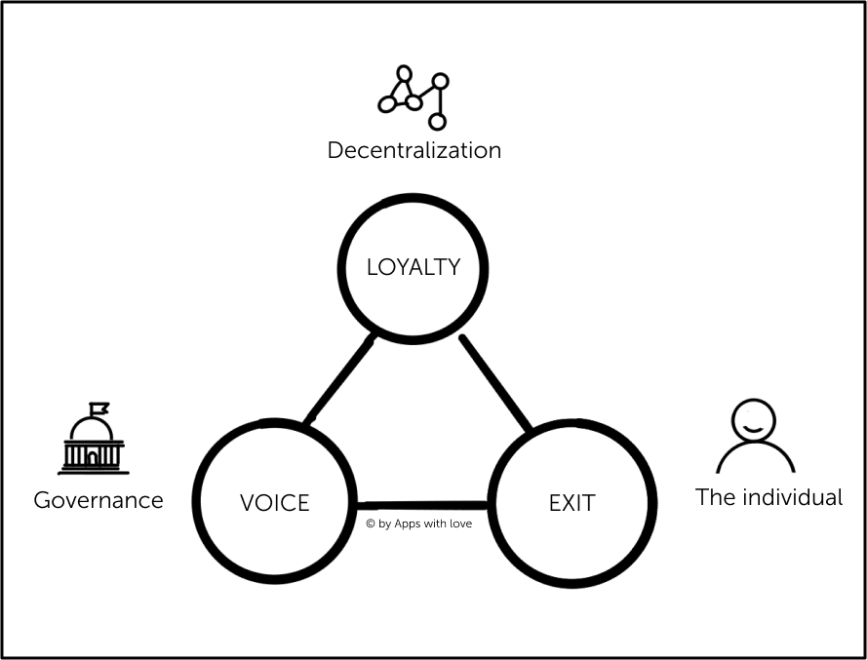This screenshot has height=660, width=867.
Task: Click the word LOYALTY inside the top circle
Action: point(413,267)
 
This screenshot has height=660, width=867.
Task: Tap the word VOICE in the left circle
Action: point(274,503)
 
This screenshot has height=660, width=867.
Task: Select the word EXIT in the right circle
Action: point(571,503)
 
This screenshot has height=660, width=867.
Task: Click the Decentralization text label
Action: point(414,150)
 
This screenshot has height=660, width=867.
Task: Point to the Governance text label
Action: point(98,500)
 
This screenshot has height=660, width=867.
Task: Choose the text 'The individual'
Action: point(768,497)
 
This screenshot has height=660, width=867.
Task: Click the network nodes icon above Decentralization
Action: point(414,97)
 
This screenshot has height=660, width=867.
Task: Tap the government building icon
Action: point(93,440)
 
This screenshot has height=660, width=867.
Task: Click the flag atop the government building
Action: point(99,408)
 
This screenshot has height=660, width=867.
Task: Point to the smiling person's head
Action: point(755,420)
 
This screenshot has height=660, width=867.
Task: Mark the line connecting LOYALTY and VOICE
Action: point(338,381)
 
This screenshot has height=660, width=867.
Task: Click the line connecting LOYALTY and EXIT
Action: point(495,383)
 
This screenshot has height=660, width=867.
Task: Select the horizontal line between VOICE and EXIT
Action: point(421,505)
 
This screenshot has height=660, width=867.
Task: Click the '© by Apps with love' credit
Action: point(418,524)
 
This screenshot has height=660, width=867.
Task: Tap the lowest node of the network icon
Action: point(437,122)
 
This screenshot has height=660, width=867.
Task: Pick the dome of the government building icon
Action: point(92,429)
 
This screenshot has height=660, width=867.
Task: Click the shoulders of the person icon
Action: point(755,458)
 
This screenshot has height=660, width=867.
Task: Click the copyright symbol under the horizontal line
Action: point(371,524)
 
